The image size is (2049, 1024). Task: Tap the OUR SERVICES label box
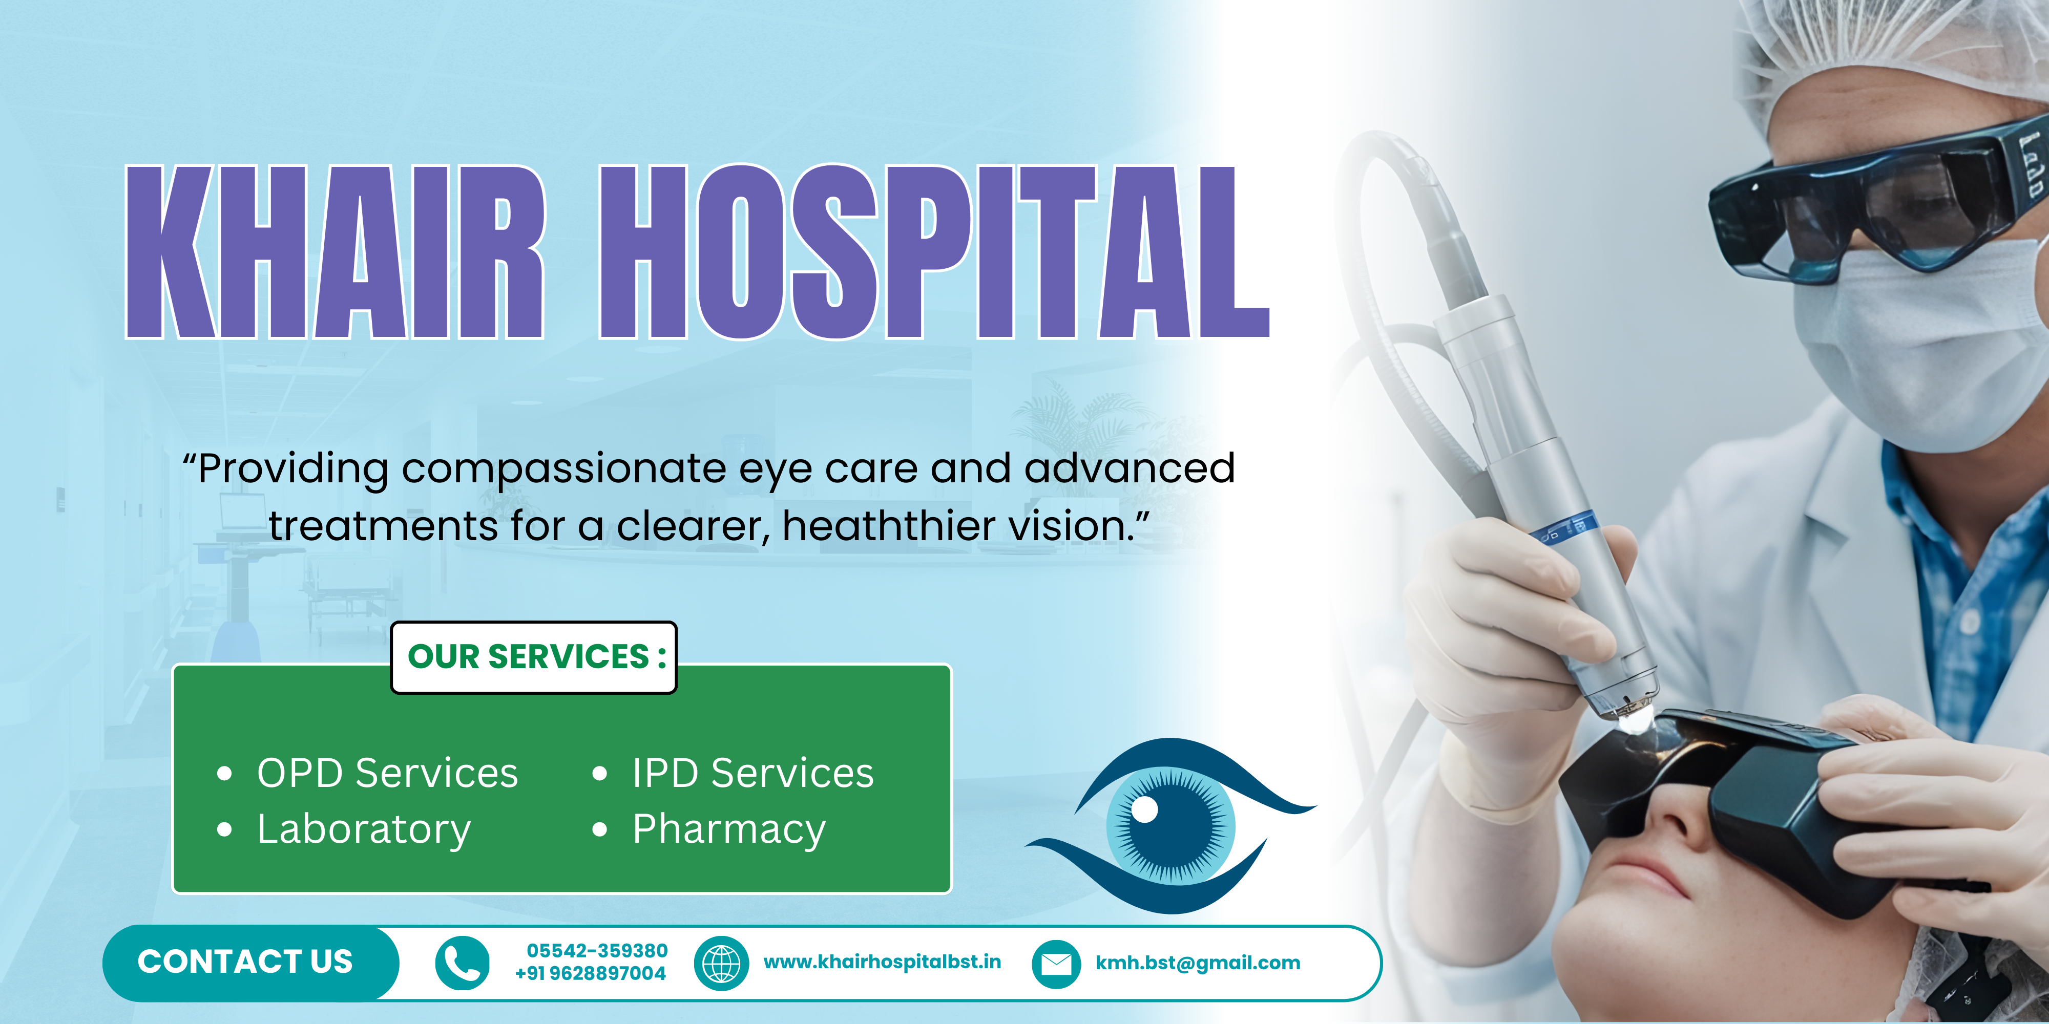534,657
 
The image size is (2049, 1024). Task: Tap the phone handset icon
462,963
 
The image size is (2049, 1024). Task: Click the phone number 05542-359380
597,951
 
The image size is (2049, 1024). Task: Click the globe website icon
721,963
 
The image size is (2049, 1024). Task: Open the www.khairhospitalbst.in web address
882,962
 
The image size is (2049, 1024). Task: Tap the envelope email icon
1056,964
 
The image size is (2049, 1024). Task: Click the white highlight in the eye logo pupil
1144,810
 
